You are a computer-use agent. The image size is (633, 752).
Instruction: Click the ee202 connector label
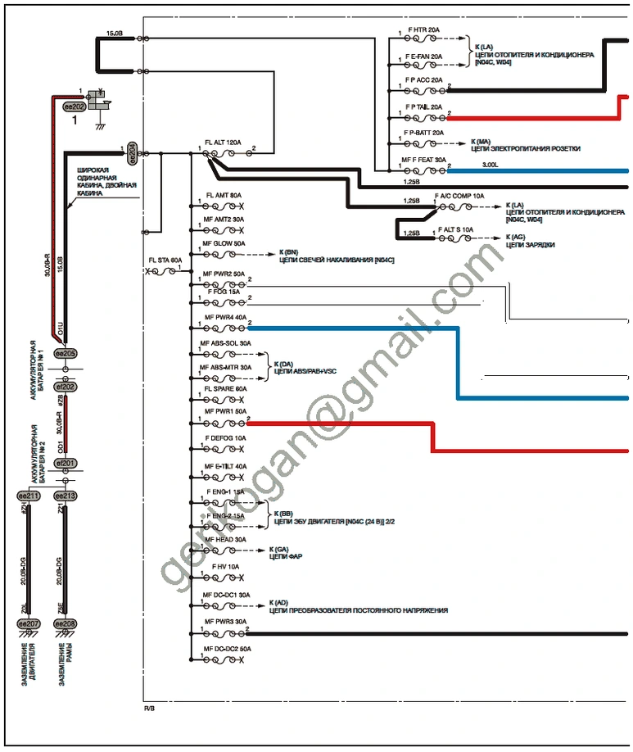(x=75, y=107)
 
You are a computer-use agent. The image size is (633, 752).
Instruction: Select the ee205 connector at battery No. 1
(x=65, y=352)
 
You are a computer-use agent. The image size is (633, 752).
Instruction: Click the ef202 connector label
(x=65, y=386)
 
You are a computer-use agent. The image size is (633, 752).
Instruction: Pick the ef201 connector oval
(x=65, y=463)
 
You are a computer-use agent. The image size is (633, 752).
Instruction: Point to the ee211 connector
(x=29, y=496)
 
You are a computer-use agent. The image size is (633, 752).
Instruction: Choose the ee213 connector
(x=65, y=496)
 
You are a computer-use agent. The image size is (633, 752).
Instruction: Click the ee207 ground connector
(x=29, y=624)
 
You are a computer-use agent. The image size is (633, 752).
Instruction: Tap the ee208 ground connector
(x=65, y=624)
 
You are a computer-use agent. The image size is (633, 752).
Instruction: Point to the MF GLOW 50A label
(x=224, y=243)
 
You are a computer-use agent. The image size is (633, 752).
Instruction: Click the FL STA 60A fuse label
(x=165, y=260)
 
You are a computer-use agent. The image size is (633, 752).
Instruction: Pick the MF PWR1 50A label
(x=224, y=410)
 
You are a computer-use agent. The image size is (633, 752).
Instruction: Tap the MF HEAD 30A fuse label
(x=224, y=539)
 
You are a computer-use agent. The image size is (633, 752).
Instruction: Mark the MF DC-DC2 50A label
(x=227, y=649)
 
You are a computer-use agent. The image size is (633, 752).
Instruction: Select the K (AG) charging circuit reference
(x=515, y=236)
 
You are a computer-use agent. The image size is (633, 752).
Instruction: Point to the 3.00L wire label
(x=490, y=165)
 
